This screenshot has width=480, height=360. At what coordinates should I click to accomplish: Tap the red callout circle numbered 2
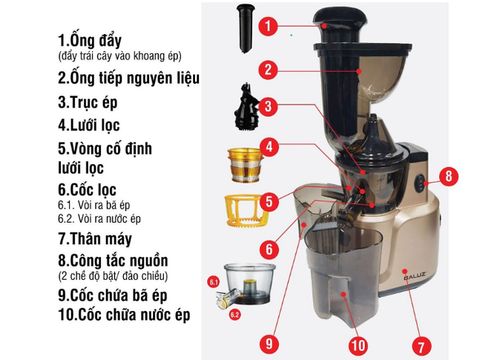[268, 69]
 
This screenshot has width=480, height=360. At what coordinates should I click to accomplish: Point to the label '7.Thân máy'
[98, 239]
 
